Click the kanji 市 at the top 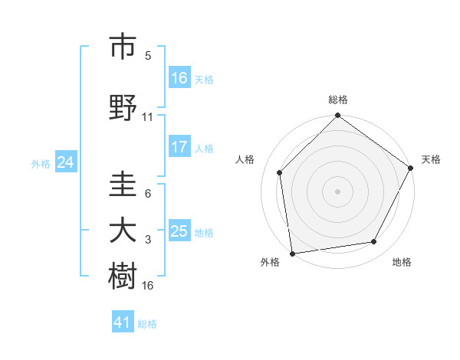click(123, 47)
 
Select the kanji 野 click(123, 107)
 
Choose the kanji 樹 click(123, 276)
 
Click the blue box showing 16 click(179, 78)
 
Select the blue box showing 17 click(179, 148)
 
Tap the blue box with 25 click(179, 232)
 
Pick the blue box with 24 click(66, 163)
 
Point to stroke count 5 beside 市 click(148, 56)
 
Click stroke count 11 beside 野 click(148, 117)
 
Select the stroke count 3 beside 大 click(148, 241)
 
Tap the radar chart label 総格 click(338, 100)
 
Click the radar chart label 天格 click(432, 159)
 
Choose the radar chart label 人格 click(245, 159)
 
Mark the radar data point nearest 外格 click(292, 253)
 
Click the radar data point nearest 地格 click(374, 242)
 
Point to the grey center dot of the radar click(338, 191)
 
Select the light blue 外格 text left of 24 click(41, 164)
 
